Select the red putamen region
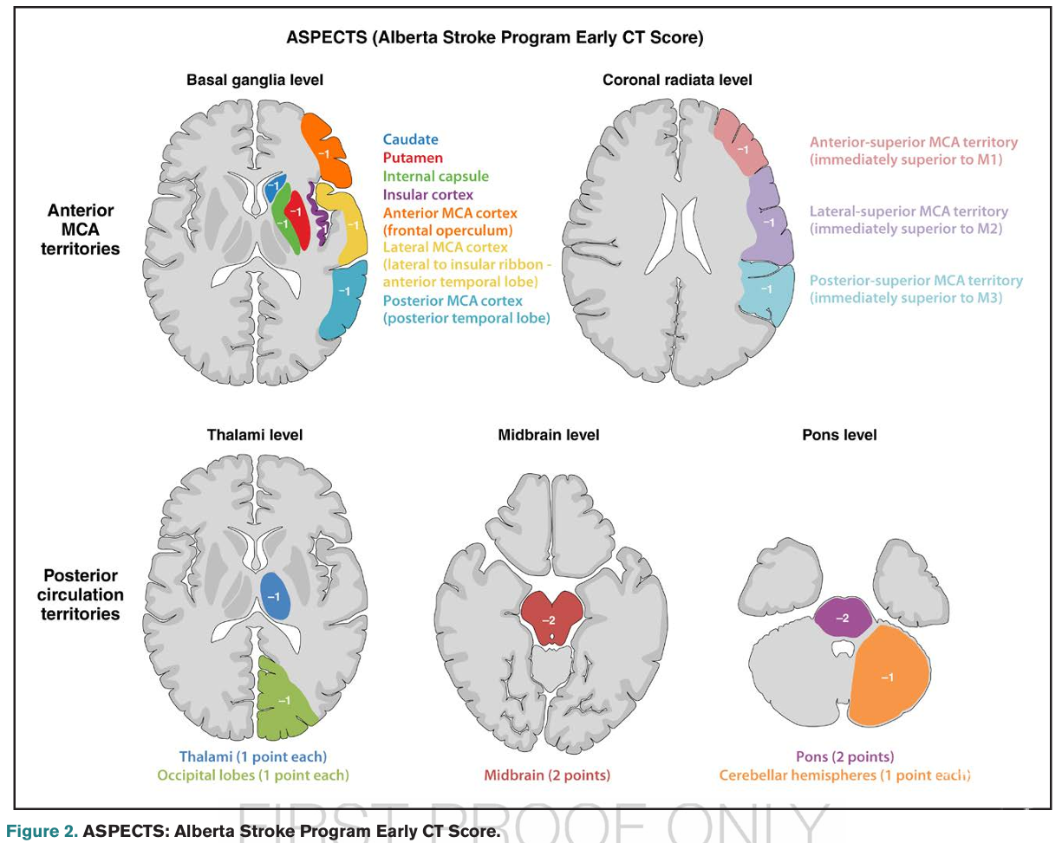pos(296,212)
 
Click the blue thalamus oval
pos(274,596)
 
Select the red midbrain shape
pos(548,618)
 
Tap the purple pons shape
pos(841,618)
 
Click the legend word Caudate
pos(411,139)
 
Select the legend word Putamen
pos(413,158)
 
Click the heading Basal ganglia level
pos(255,80)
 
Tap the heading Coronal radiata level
pos(677,80)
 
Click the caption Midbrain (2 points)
pos(548,775)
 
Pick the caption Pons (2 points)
pos(844,756)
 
